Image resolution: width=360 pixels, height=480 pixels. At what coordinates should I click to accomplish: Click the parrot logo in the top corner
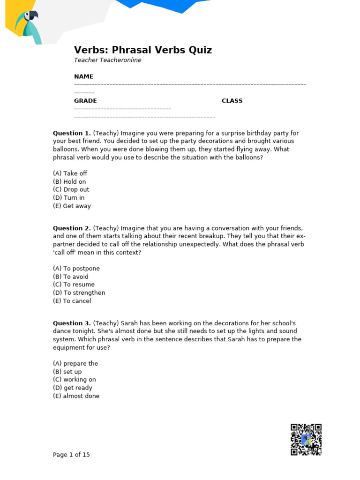pos(28,26)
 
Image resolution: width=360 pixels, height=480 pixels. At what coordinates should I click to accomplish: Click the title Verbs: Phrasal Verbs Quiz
pos(143,50)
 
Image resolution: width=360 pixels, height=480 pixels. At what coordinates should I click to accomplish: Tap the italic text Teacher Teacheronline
pos(107,60)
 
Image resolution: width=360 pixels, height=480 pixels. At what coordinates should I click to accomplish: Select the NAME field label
pos(83,76)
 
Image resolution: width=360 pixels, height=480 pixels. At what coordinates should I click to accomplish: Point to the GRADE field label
pos(85,101)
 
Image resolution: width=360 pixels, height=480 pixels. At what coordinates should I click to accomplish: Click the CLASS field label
pos(232,101)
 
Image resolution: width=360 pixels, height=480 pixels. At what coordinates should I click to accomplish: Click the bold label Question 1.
pos(72,133)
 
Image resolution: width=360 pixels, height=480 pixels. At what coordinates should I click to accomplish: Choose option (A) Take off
pos(70,173)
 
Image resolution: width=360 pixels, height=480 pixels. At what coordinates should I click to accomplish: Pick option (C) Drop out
pos(71,189)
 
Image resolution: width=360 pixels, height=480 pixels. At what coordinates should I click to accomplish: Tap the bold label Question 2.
pos(72,228)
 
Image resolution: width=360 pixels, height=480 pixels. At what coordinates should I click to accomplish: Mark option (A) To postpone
pos(76,269)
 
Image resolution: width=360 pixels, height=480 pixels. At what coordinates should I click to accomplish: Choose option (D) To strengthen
pos(79,292)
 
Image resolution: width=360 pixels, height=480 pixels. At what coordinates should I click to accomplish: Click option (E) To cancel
pos(72,301)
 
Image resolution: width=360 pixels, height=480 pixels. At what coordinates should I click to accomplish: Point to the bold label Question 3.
pos(72,323)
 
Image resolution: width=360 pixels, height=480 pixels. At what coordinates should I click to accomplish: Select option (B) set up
pos(67,372)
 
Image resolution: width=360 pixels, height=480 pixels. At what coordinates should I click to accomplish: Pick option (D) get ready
pos(72,388)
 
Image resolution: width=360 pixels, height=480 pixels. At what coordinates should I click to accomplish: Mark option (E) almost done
pos(76,396)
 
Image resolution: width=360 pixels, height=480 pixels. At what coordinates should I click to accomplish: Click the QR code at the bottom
pos(306,439)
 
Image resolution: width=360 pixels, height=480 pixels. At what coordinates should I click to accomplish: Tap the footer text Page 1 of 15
pos(71,455)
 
